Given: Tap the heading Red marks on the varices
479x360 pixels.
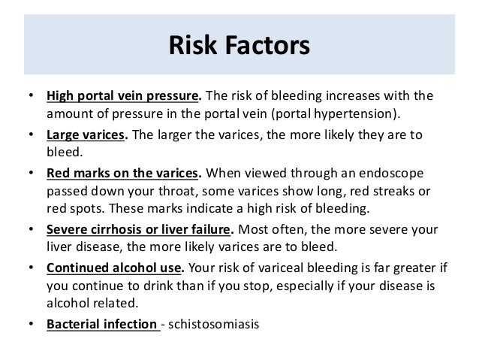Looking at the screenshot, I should [x=123, y=172].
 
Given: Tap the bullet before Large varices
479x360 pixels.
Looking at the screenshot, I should [x=31, y=135].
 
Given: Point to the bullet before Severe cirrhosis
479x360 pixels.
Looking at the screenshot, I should [x=31, y=228].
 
